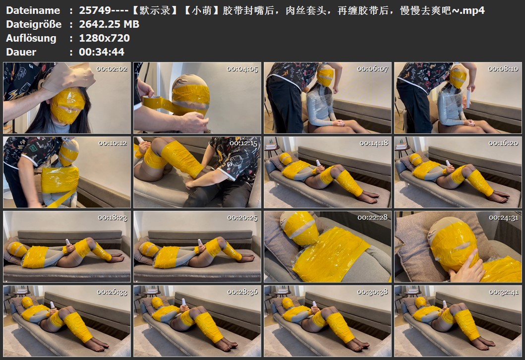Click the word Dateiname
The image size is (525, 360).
[33, 10]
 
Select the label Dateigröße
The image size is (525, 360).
[34, 24]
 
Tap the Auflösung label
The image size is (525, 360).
[31, 38]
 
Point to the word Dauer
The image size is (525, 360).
[21, 52]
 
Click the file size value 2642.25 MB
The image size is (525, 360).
[109, 24]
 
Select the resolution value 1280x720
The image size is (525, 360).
[105, 38]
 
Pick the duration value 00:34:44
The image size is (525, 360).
[102, 52]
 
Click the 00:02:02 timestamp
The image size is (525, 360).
[112, 69]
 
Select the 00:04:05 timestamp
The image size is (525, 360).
[242, 69]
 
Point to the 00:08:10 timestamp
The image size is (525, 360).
[503, 69]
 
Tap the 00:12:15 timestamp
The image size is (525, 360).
[243, 143]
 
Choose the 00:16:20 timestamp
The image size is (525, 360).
[503, 143]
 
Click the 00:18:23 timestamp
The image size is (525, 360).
[113, 218]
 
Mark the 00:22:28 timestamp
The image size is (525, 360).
[373, 218]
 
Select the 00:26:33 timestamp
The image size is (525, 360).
[112, 292]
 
